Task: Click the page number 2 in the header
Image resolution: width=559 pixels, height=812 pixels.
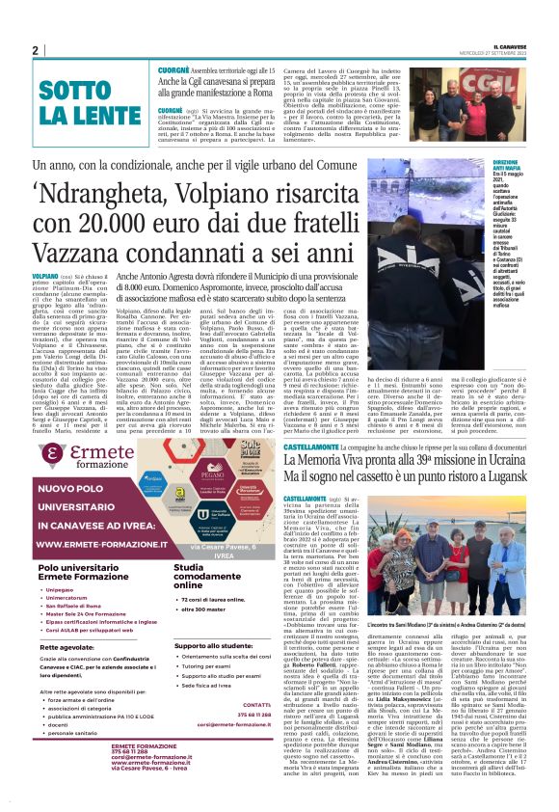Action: (x=34, y=50)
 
